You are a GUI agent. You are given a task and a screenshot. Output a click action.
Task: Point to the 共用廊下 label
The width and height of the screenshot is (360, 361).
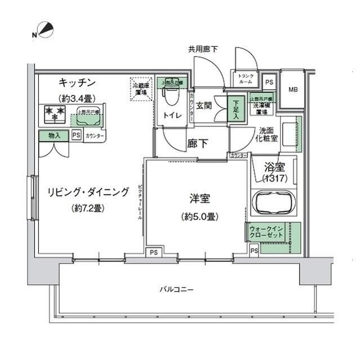pyautogui.click(x=203, y=50)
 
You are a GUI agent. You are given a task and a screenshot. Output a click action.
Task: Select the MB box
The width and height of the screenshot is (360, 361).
pyautogui.click(x=293, y=90)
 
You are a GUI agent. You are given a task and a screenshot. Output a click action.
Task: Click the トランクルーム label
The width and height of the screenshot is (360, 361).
pyautogui.click(x=246, y=79)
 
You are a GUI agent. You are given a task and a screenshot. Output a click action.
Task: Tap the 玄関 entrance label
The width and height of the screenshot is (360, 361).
pyautogui.click(x=204, y=105)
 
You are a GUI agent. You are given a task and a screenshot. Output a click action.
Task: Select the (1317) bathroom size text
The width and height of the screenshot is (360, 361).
pyautogui.click(x=275, y=178)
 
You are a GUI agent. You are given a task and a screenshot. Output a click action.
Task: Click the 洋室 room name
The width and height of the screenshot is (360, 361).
pyautogui.click(x=199, y=199)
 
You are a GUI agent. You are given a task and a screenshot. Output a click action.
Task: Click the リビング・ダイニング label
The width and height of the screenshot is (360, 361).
pyautogui.click(x=87, y=191)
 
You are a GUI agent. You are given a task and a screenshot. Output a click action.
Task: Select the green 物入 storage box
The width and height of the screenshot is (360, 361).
pyautogui.click(x=55, y=136)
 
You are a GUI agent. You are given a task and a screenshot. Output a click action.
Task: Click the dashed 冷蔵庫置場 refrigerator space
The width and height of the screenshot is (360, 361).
pyautogui.click(x=141, y=89)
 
